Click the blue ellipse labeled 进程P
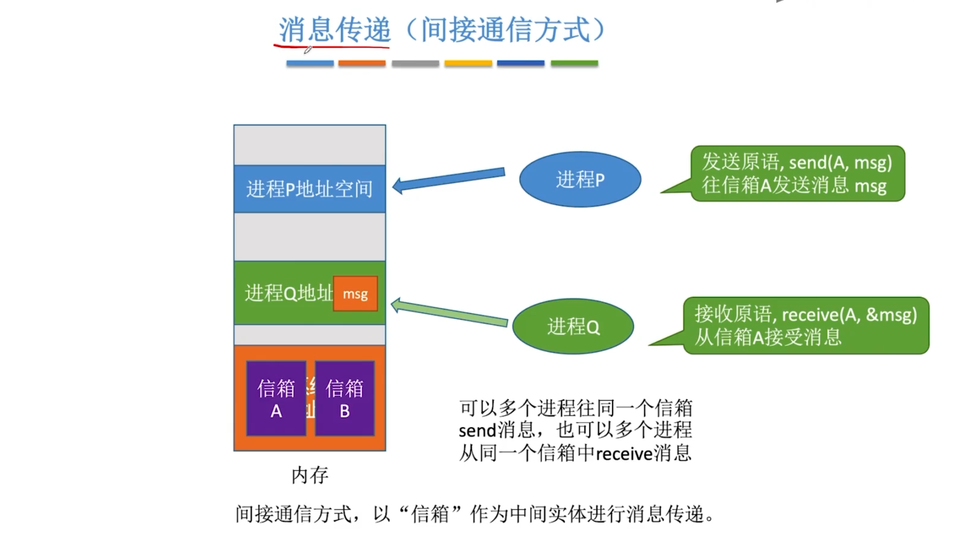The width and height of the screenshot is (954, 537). (580, 179)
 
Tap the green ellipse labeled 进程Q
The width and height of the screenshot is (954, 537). (573, 326)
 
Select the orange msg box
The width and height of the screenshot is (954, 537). (356, 294)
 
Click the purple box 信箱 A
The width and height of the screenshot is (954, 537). (276, 398)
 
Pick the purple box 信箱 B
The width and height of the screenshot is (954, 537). (344, 398)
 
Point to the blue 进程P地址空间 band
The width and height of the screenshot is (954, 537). (309, 189)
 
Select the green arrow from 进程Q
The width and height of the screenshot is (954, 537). (449, 313)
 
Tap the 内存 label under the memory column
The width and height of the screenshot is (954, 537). (310, 475)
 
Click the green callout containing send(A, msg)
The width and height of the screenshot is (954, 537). (797, 174)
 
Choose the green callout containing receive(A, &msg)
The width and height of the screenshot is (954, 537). (806, 326)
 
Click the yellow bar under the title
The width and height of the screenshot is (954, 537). (468, 63)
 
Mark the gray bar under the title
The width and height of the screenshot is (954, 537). (415, 63)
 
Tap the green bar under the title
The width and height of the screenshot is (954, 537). (574, 63)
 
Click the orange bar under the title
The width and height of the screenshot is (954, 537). (362, 63)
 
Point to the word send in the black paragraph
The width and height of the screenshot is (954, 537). (477, 430)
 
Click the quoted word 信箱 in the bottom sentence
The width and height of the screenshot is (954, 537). (430, 514)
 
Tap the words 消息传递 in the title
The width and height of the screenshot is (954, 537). (334, 30)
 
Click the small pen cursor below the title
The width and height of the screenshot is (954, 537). (308, 50)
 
